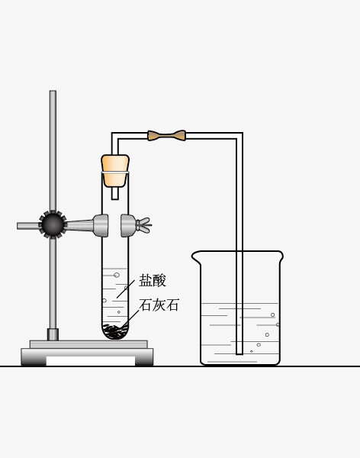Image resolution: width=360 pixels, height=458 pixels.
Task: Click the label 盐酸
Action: click(x=152, y=281)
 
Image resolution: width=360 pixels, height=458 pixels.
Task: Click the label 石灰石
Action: click(x=159, y=305)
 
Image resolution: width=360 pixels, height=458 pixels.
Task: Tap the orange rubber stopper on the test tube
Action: click(x=115, y=170)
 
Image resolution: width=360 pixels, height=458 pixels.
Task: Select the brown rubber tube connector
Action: click(x=167, y=136)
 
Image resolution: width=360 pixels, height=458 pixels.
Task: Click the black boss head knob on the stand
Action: click(x=53, y=224)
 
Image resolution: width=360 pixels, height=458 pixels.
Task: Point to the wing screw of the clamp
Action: click(x=144, y=225)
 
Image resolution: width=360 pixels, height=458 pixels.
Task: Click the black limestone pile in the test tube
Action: click(x=116, y=331)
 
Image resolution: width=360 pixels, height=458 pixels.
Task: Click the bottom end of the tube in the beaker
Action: click(x=239, y=353)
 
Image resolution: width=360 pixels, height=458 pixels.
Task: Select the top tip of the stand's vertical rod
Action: click(x=53, y=91)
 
